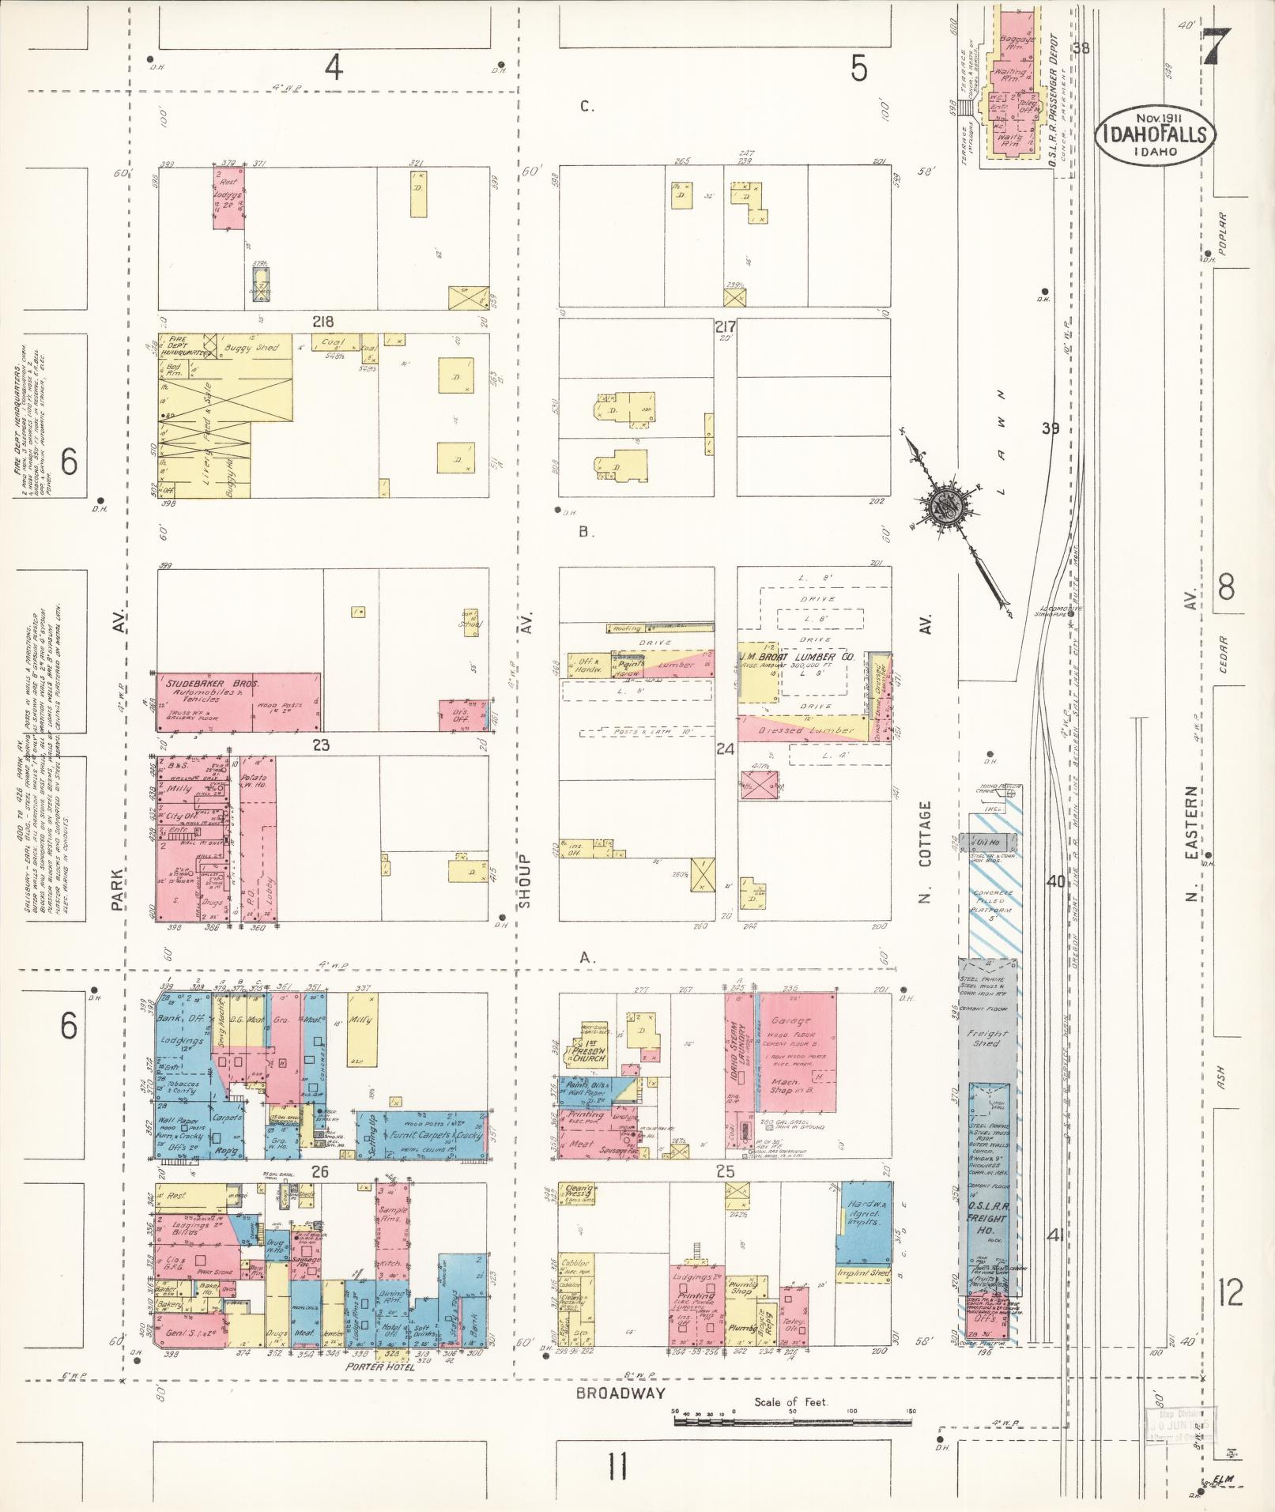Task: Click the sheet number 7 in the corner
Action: click(1217, 50)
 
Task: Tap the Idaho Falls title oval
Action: click(1156, 135)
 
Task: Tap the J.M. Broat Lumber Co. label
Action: click(797, 657)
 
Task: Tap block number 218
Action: click(323, 322)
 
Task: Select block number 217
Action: click(725, 326)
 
